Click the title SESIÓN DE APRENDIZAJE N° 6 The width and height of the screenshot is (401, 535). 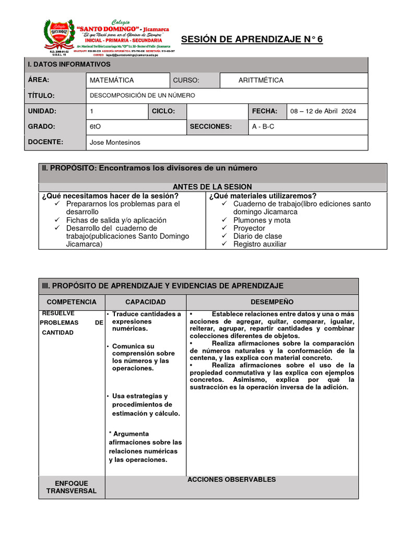click(252, 40)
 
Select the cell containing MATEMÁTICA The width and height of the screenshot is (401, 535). click(111, 80)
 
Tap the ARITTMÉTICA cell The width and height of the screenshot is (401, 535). click(261, 80)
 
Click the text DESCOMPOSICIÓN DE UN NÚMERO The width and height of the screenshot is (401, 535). click(142, 96)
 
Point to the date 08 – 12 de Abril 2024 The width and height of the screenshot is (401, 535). click(323, 111)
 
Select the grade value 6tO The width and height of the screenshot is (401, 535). click(96, 126)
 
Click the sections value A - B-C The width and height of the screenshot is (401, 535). click(263, 126)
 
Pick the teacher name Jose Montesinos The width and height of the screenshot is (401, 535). click(115, 142)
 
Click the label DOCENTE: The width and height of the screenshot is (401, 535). click(45, 142)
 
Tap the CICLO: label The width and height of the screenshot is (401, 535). click(162, 111)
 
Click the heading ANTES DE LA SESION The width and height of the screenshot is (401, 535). click(212, 187)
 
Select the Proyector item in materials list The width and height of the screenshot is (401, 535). click(249, 228)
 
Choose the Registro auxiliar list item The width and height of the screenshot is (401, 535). click(260, 244)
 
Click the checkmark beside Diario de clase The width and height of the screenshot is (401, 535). click(223, 236)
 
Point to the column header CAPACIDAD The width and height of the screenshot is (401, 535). click(145, 302)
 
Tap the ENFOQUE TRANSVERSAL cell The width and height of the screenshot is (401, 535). click(72, 487)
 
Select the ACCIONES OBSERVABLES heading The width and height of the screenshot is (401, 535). click(231, 480)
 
